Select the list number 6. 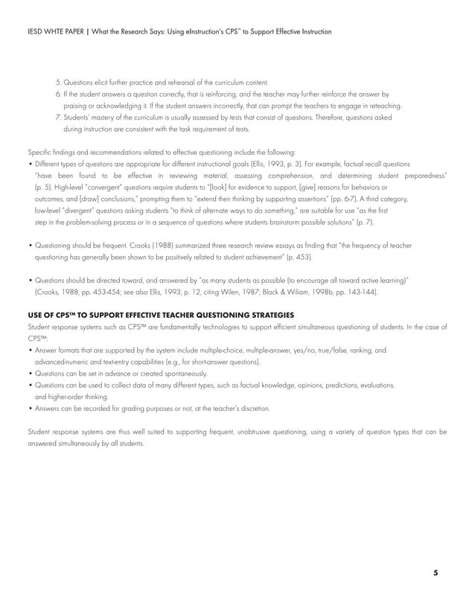tap(58, 95)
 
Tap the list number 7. tap(58, 118)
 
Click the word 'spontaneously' tap(182, 373)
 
